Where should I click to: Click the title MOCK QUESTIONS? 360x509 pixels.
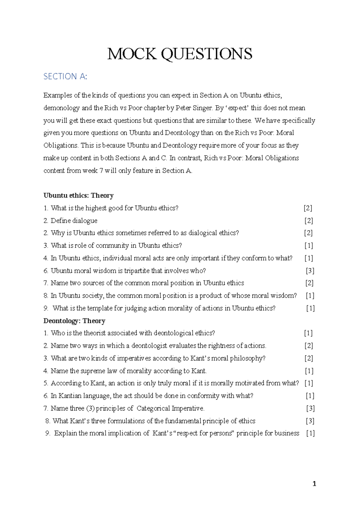[x=180, y=54]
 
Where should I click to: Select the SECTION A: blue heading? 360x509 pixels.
[x=65, y=77]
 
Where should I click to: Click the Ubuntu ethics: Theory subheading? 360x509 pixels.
[x=78, y=195]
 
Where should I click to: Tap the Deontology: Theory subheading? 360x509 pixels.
[x=74, y=321]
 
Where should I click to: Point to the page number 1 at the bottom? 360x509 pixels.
[x=314, y=483]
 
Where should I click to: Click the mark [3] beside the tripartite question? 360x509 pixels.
[x=310, y=271]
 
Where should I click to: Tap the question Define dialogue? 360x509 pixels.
[x=74, y=221]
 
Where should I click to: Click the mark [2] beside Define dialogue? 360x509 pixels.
[x=309, y=221]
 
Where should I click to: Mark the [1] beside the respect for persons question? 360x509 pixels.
[x=310, y=433]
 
